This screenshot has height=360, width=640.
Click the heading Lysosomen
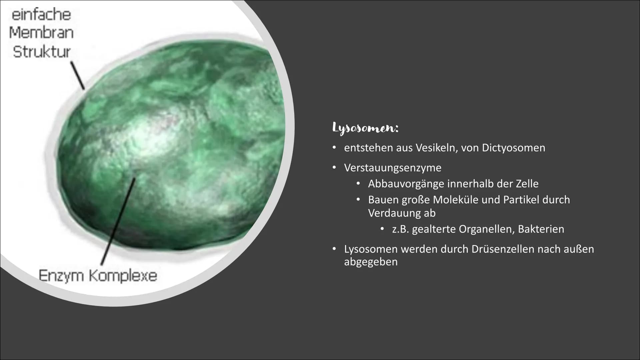point(365,128)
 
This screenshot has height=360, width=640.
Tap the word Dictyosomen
point(514,148)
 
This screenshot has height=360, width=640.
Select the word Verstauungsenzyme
point(393,168)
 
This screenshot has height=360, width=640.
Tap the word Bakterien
point(541,229)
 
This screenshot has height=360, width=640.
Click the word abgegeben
point(371,262)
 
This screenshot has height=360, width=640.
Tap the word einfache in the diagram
point(41,15)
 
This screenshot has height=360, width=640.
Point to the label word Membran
point(41,33)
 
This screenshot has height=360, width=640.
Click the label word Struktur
point(42,52)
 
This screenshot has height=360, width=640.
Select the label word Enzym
point(61,276)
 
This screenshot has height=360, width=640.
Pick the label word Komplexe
point(123,276)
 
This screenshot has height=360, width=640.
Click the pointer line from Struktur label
point(77,75)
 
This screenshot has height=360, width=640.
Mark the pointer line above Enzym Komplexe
point(118,222)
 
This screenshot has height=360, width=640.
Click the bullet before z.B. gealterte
point(382,229)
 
